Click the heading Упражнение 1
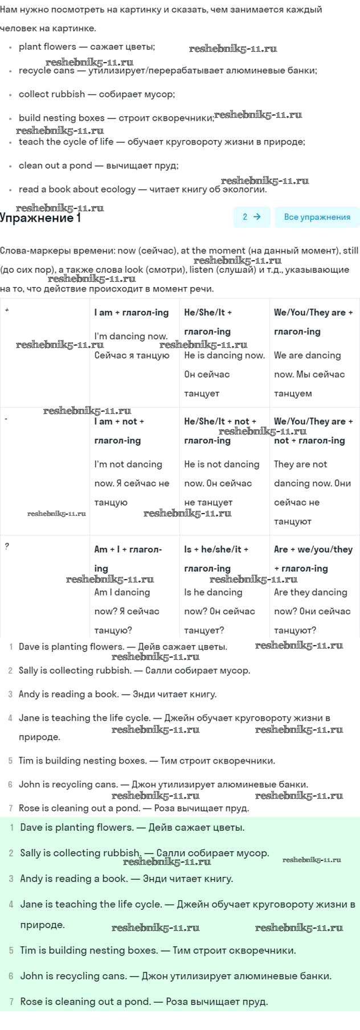click(x=40, y=218)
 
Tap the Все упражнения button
click(x=317, y=217)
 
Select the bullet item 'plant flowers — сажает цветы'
click(x=87, y=47)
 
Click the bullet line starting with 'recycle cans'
click(x=167, y=71)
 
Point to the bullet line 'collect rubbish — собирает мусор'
click(x=96, y=95)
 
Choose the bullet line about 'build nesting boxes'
click(x=116, y=118)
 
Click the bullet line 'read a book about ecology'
click(x=142, y=189)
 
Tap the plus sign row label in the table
click(x=7, y=310)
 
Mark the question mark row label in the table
click(x=7, y=546)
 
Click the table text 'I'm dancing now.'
click(x=131, y=336)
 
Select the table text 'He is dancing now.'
click(x=224, y=355)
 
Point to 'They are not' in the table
click(x=300, y=464)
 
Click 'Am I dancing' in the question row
click(x=122, y=592)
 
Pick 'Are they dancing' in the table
click(x=310, y=592)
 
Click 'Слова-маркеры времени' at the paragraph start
click(x=57, y=251)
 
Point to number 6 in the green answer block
click(x=11, y=976)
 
